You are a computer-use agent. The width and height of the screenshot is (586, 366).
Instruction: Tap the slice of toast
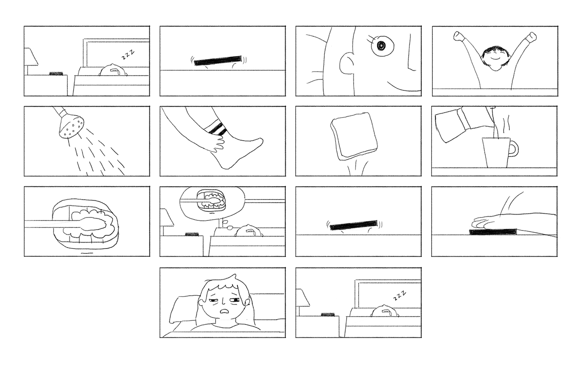(x=354, y=136)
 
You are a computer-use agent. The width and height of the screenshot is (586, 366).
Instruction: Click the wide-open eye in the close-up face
(x=381, y=46)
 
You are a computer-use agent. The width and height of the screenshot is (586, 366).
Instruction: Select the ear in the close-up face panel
(x=347, y=64)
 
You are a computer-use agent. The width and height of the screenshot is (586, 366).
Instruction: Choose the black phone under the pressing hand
(x=493, y=232)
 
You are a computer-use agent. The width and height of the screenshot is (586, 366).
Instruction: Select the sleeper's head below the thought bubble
(x=249, y=230)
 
